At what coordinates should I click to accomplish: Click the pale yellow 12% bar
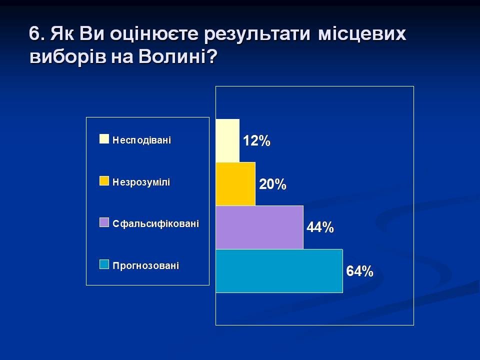click(228, 140)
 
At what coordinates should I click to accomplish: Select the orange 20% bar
click(235, 184)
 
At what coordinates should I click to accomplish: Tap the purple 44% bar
click(259, 227)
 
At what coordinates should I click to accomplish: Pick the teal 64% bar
click(279, 271)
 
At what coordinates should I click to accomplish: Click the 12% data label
click(256, 141)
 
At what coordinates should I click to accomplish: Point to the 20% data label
click(273, 184)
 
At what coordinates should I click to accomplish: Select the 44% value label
click(320, 227)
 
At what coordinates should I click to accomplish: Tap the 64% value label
click(359, 271)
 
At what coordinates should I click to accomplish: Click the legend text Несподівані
click(141, 140)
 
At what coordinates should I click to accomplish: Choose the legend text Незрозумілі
click(141, 182)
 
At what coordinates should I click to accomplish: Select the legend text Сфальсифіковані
click(156, 223)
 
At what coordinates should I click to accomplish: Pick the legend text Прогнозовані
click(145, 265)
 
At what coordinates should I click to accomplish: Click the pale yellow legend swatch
click(104, 138)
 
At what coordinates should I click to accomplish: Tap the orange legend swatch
click(104, 180)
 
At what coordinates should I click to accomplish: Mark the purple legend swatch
click(104, 222)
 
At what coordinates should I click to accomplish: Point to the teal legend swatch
click(104, 264)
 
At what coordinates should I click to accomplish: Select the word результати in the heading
click(257, 34)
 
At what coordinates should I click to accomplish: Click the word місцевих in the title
click(362, 33)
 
